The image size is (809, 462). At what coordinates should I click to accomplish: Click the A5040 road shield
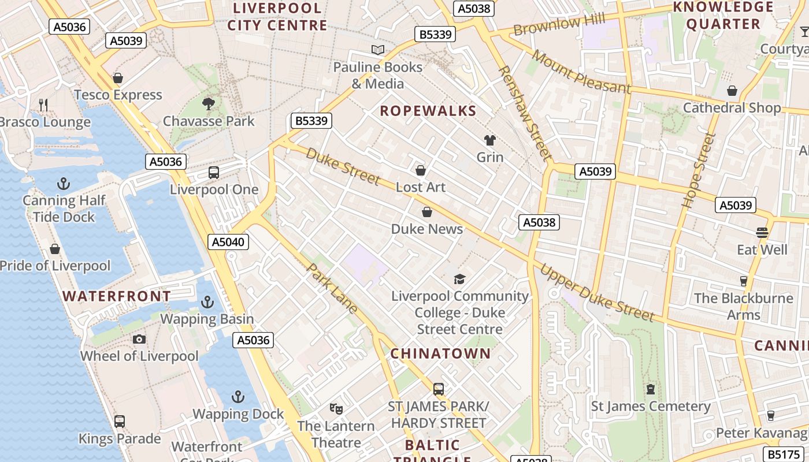[228, 242]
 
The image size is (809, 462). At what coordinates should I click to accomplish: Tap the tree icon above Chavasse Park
[209, 104]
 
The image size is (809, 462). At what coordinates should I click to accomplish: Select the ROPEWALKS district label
[428, 111]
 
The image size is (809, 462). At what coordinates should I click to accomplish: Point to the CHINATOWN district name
[440, 353]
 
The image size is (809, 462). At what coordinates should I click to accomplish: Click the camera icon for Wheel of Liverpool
[139, 339]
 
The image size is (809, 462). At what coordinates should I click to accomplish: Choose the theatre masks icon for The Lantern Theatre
[336, 409]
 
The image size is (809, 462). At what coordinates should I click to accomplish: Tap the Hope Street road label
[699, 170]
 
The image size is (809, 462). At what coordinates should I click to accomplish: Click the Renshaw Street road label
[524, 112]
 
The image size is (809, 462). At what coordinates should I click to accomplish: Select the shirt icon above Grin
[490, 140]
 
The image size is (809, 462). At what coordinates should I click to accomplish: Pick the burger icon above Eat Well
[762, 233]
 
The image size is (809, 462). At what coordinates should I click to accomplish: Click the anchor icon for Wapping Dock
[237, 397]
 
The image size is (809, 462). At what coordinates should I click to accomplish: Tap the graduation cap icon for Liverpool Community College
[459, 280]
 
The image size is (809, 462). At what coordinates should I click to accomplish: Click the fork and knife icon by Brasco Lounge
[43, 105]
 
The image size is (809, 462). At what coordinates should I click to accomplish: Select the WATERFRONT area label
[117, 296]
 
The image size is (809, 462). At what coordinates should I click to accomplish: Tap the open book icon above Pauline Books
[378, 50]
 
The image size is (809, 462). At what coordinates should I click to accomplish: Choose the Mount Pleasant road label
[581, 72]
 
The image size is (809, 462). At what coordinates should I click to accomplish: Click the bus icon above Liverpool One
[214, 172]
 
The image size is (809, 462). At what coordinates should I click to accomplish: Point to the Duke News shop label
[427, 229]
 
